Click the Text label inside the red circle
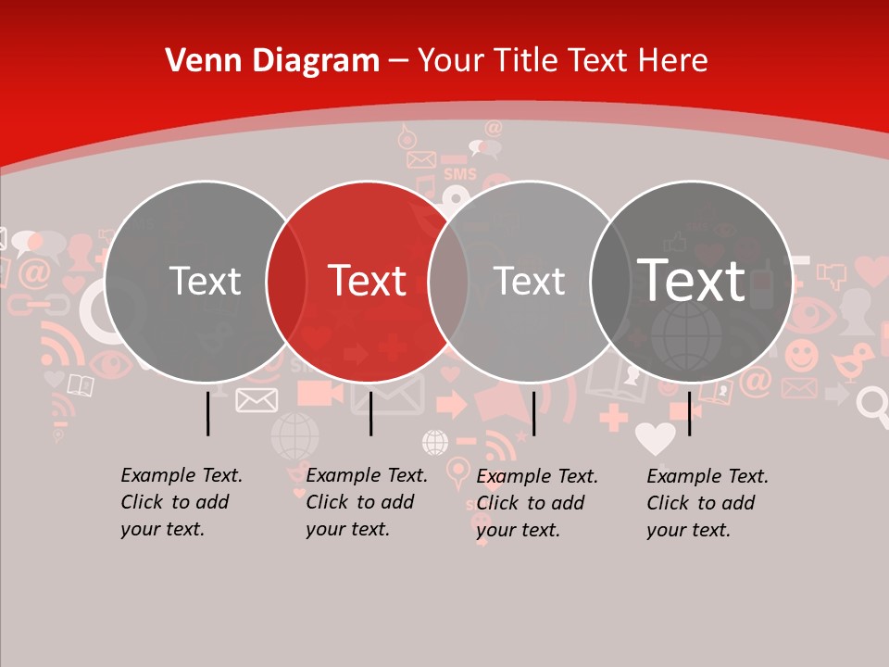click(367, 281)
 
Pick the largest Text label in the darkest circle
click(691, 281)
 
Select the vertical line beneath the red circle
click(370, 412)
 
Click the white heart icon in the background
click(656, 437)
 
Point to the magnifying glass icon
click(871, 401)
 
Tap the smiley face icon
click(802, 355)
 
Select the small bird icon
click(853, 362)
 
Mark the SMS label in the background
click(459, 174)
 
